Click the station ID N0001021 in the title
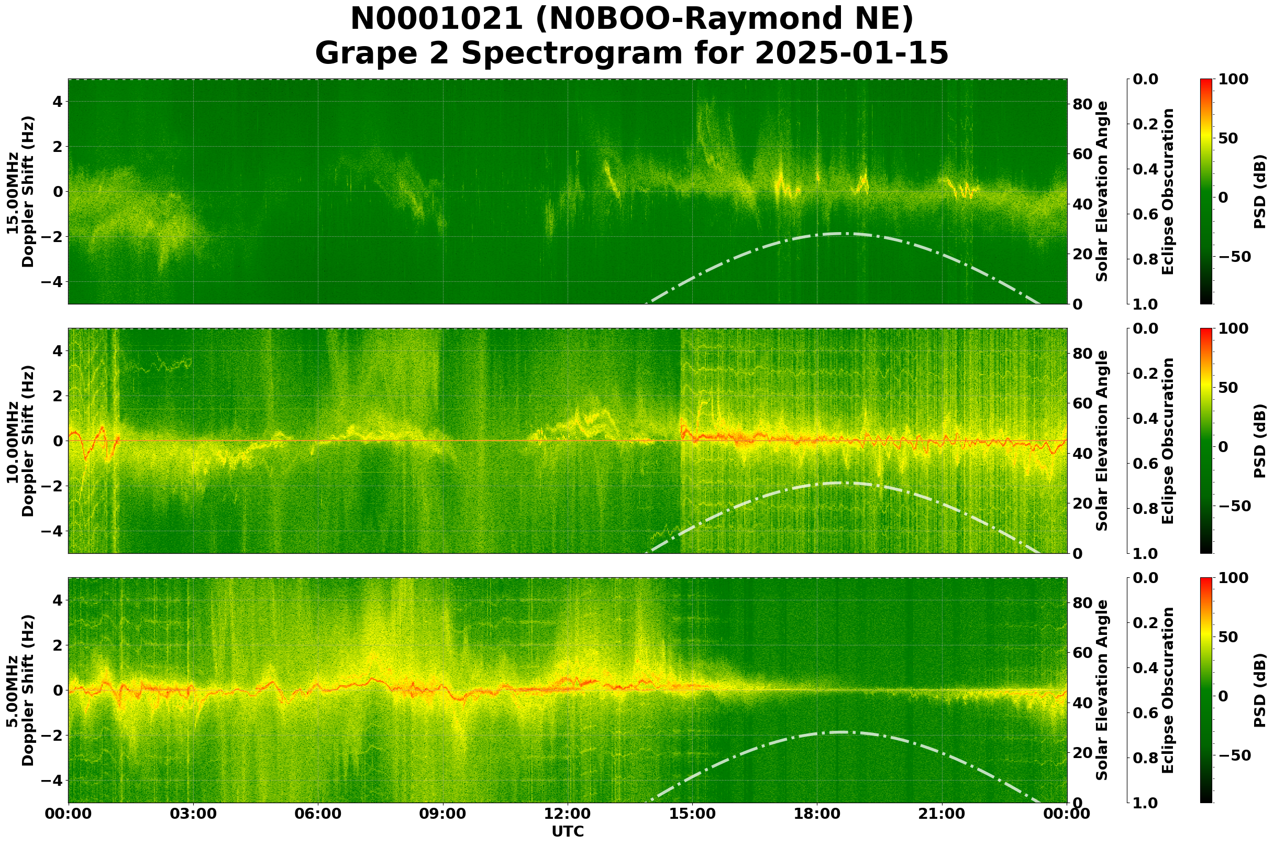(436, 19)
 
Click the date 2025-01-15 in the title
(851, 54)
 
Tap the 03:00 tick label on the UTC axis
(193, 814)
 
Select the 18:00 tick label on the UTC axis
(817, 814)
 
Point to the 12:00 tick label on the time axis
(567, 814)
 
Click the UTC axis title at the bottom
(567, 831)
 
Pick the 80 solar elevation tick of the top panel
(1082, 104)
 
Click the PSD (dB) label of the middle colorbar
(1259, 441)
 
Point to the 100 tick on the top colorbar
(1233, 80)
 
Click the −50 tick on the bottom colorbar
(1233, 755)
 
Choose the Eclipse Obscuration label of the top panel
(1167, 192)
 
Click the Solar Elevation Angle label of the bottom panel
(1102, 690)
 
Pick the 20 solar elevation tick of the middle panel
(1082, 504)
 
